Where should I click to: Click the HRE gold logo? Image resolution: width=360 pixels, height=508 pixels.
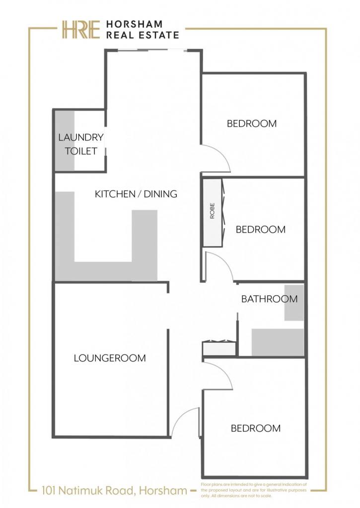click(81, 30)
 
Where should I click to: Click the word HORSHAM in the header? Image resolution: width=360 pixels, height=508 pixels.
click(134, 24)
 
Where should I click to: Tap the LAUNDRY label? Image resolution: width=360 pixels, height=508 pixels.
click(81, 137)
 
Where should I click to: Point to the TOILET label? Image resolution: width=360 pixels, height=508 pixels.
click(81, 151)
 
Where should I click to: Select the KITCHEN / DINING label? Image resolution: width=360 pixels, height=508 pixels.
click(136, 194)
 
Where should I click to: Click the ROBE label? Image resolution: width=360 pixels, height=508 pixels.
click(213, 210)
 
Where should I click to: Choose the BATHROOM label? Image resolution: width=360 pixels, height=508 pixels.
click(269, 299)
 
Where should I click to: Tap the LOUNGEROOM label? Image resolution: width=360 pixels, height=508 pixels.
click(110, 358)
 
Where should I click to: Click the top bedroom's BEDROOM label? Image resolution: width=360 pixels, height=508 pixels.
click(252, 124)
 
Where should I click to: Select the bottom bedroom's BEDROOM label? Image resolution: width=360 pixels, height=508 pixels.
click(256, 428)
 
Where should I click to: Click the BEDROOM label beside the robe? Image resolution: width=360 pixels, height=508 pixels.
click(260, 229)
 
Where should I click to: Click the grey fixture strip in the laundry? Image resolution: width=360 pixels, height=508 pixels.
click(64, 140)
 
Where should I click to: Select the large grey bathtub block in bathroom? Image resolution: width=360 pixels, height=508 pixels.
click(278, 342)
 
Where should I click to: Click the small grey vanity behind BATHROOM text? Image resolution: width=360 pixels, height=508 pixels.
click(294, 303)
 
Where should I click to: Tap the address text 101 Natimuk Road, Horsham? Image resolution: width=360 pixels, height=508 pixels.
click(115, 491)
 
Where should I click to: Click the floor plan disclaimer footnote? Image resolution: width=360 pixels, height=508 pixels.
click(254, 489)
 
